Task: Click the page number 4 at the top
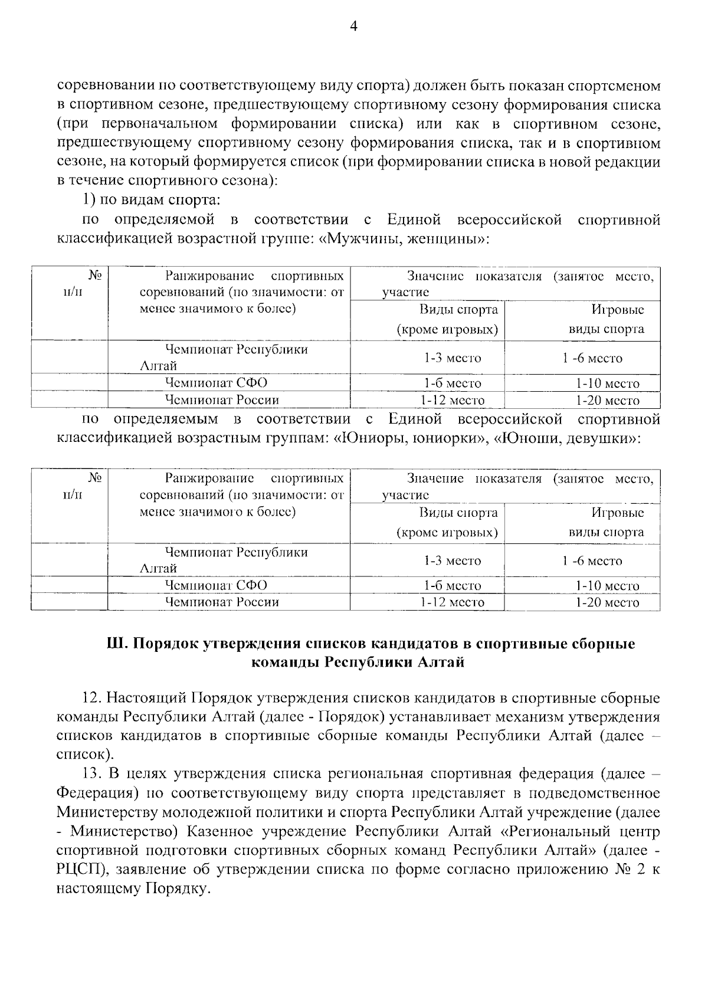click(354, 26)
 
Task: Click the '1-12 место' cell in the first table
click(452, 400)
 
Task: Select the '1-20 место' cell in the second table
click(607, 602)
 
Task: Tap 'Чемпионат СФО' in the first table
click(216, 383)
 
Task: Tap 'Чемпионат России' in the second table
click(222, 602)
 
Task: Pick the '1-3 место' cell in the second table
click(452, 560)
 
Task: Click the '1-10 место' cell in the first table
click(607, 383)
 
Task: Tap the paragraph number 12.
click(93, 699)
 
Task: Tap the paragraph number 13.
click(93, 773)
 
